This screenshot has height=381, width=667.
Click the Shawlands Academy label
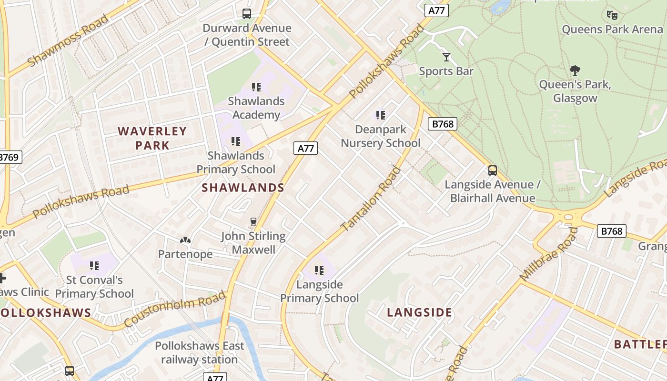tap(256, 108)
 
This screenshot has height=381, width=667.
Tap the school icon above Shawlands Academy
tap(256, 87)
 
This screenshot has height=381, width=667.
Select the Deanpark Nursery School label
tap(381, 136)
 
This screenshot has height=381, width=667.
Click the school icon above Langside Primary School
tap(319, 271)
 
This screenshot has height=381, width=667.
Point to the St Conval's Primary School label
tap(94, 287)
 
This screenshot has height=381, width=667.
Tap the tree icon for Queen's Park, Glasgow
tap(575, 70)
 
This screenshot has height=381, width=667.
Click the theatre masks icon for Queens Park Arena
tap(612, 15)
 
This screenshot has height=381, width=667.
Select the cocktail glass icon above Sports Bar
tap(446, 57)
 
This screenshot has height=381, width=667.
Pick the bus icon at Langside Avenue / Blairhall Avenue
tap(493, 170)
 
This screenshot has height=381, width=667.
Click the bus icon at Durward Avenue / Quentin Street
tap(246, 14)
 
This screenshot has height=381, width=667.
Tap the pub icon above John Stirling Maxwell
tap(253, 222)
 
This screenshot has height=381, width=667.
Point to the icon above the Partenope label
tap(185, 240)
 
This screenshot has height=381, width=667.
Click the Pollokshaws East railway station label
tap(199, 352)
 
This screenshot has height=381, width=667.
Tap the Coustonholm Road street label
tap(175, 309)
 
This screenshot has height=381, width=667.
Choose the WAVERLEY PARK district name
tap(152, 138)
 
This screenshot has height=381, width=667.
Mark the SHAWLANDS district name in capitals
tap(243, 188)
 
